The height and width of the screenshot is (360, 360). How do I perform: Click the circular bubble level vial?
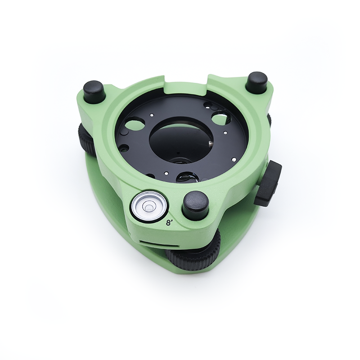point(149,206)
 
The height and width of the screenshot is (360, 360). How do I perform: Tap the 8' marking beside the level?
point(170,222)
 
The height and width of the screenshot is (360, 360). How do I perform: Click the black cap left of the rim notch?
point(94,91)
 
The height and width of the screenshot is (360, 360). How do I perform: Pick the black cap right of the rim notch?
point(256,81)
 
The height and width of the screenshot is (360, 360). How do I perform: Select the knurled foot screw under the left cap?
point(85,138)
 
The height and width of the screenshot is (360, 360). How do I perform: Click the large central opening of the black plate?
point(181,139)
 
